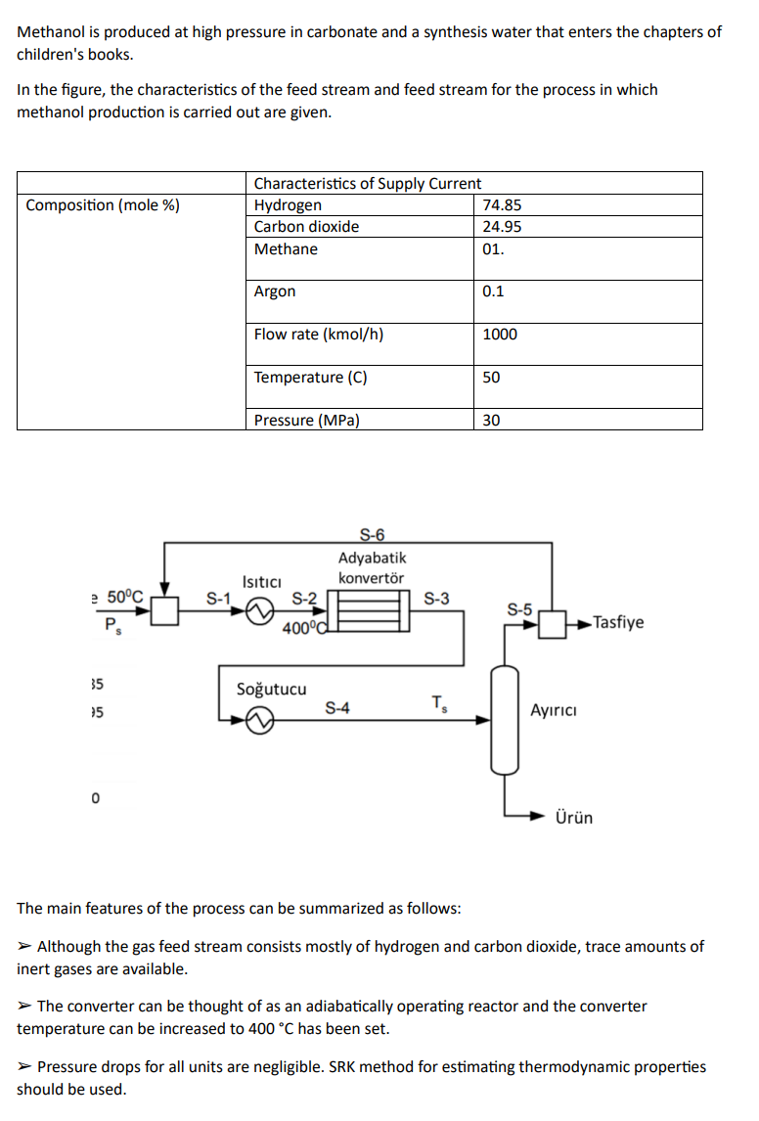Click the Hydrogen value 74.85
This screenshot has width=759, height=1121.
(x=502, y=205)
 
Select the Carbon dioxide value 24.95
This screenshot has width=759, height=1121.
(x=502, y=227)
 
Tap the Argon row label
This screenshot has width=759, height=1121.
(x=275, y=291)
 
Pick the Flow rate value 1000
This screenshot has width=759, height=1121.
(x=500, y=335)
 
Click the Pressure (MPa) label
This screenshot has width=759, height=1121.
(x=306, y=421)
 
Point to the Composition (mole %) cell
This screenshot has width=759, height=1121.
(x=103, y=205)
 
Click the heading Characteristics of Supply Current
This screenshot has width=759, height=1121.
(x=367, y=184)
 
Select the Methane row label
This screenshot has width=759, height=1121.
(x=286, y=249)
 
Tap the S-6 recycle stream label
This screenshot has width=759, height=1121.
(x=373, y=534)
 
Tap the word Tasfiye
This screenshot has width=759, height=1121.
(x=618, y=623)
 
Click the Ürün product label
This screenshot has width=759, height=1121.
(x=573, y=818)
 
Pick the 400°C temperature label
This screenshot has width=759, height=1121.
(x=301, y=628)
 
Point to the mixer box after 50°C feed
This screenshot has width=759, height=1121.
(x=164, y=611)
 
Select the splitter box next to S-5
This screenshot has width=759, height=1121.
(x=553, y=623)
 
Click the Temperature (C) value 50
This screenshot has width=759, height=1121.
(x=491, y=378)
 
